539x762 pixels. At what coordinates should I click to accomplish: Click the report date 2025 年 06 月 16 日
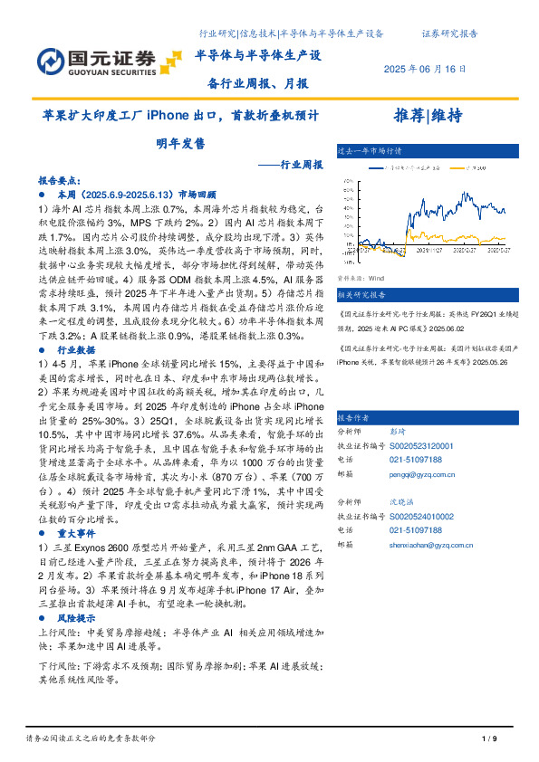point(426,69)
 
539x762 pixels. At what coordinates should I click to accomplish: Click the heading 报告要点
point(60,181)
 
